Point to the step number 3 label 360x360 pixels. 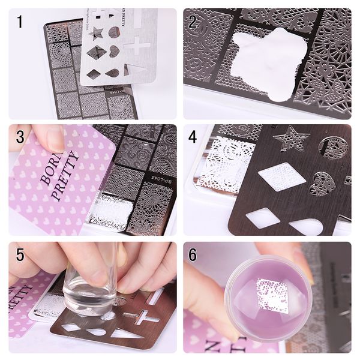point(20,137)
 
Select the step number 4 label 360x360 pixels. point(193,137)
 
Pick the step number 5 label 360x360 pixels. point(20,254)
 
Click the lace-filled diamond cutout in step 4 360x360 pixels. point(281,177)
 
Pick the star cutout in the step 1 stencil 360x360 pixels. point(96,32)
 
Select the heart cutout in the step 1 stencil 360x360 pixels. point(114,52)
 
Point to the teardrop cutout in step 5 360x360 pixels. point(96,331)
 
